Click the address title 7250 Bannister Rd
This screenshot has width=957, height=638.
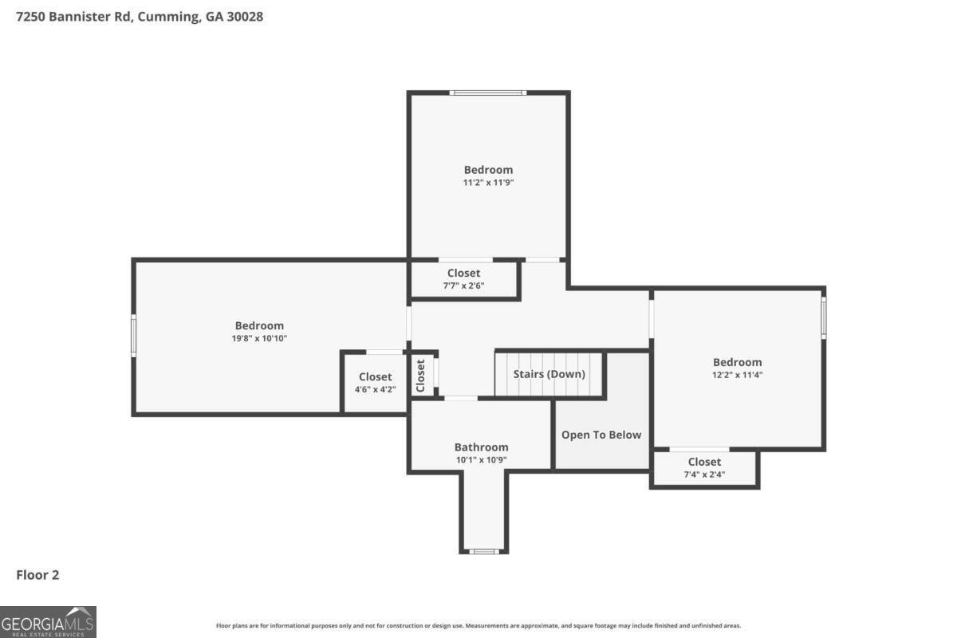click(140, 16)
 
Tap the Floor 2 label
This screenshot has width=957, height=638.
click(38, 574)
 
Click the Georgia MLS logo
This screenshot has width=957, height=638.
click(48, 621)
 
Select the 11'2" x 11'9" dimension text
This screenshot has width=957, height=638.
click(488, 183)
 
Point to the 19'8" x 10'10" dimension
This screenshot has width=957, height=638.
click(259, 338)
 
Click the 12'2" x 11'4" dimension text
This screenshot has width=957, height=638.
click(737, 375)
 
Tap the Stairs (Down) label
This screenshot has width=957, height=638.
click(549, 374)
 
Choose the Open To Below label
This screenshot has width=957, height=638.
click(601, 435)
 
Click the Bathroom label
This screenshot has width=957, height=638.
click(481, 447)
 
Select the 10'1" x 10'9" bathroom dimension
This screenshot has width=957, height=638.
click(481, 460)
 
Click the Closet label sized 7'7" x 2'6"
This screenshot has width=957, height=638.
click(463, 274)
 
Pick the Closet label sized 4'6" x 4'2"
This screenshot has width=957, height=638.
click(375, 377)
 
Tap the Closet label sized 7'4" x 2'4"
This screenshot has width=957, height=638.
click(704, 462)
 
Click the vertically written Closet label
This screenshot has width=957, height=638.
click(420, 375)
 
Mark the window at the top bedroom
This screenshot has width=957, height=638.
click(488, 93)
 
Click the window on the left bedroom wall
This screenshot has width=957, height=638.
click(134, 335)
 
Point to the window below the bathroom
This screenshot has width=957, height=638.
click(484, 551)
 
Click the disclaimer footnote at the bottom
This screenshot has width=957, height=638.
click(478, 626)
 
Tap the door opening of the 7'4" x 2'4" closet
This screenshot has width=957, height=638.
click(699, 450)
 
